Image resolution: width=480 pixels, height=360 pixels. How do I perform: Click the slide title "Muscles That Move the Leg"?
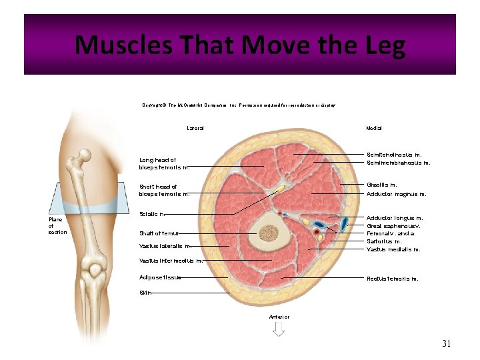[x=240, y=45]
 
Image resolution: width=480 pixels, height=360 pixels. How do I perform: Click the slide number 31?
[x=446, y=343]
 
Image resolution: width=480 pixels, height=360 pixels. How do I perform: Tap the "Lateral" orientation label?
[x=195, y=127]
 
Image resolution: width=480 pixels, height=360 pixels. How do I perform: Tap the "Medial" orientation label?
[x=373, y=127]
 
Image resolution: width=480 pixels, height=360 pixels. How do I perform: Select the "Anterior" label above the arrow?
[x=279, y=317]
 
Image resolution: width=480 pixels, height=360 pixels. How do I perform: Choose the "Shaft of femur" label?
[x=159, y=233]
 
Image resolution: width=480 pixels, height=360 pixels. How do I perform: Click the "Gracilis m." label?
[x=382, y=185]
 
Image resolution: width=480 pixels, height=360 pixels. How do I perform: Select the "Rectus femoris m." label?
[x=392, y=279]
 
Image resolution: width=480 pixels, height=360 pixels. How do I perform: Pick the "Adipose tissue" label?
[x=159, y=277]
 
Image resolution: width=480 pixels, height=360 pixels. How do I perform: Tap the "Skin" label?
[x=145, y=293]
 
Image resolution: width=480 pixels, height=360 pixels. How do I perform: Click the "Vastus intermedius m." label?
[x=170, y=261]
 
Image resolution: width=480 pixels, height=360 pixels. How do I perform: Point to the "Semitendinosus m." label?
[x=394, y=155]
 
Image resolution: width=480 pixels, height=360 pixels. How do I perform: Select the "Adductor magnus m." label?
[x=396, y=194]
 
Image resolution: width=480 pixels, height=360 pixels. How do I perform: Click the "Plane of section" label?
[x=57, y=225]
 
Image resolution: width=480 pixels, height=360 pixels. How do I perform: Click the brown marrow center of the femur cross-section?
[x=269, y=233]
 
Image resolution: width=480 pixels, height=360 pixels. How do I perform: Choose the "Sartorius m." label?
[x=384, y=241]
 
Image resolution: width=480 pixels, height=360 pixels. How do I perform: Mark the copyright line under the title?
[x=239, y=105]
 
